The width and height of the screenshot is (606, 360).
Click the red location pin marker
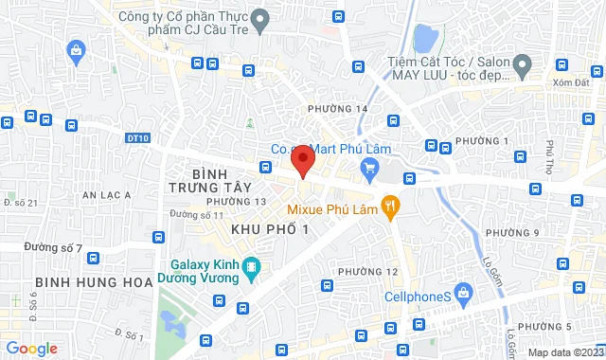(x=302, y=160)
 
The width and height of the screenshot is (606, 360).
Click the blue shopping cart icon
(x=369, y=169)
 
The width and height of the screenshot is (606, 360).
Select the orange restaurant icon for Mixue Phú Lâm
(x=388, y=206)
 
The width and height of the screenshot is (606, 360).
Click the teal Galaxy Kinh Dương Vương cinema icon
(x=250, y=269)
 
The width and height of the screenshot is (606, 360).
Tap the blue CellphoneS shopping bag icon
(x=462, y=294)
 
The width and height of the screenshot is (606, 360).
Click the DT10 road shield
(x=136, y=138)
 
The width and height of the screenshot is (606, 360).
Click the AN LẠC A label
(x=106, y=194)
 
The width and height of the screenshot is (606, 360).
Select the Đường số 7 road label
(x=54, y=248)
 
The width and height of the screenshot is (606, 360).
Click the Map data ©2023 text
(x=564, y=351)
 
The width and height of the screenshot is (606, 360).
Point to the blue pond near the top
(x=425, y=39)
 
